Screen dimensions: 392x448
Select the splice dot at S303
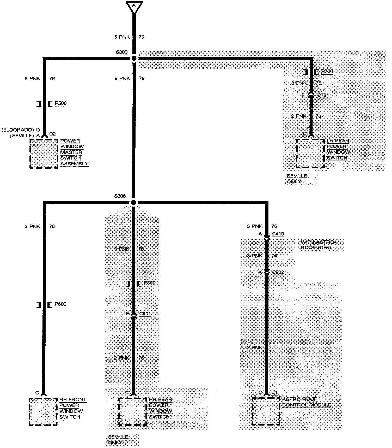[134, 58]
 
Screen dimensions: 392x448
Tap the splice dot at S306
[133, 202]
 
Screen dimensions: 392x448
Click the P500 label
[61, 103]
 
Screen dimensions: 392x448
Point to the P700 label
[327, 72]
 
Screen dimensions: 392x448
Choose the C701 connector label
[323, 95]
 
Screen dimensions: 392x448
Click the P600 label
[60, 304]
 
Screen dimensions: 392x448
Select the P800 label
[150, 283]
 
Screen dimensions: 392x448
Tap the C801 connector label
[145, 314]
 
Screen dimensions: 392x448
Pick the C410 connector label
[278, 234]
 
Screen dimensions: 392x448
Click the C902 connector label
[278, 272]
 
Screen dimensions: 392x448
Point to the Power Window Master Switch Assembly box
[44, 154]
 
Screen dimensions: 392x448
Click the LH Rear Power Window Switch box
[310, 154]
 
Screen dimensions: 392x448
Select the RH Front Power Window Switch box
[43, 411]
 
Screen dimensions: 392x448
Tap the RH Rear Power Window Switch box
[132, 411]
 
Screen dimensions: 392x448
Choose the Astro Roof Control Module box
[266, 411]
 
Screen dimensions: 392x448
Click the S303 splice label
[122, 52]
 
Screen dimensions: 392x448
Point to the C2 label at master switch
[52, 134]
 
